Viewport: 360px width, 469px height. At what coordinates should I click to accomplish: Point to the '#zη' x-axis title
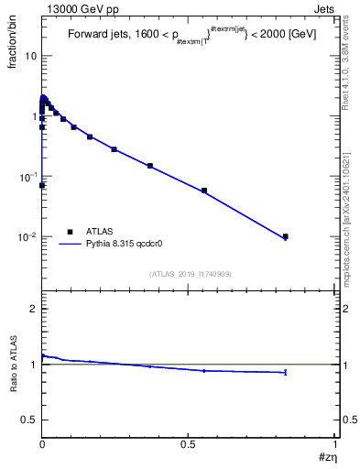click(327, 457)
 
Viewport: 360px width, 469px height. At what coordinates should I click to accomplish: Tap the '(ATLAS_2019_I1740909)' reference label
click(189, 274)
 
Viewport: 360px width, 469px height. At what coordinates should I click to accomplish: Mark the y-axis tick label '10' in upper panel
click(30, 56)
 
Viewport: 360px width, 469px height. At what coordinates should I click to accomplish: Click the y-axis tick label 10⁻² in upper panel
click(27, 236)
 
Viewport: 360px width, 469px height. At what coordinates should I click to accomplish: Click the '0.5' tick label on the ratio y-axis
click(27, 419)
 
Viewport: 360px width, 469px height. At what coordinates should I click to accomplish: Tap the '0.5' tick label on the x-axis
click(188, 443)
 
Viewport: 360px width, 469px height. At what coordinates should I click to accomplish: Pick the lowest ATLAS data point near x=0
click(42, 185)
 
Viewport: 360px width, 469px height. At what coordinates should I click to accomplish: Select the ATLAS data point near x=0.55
click(204, 191)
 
